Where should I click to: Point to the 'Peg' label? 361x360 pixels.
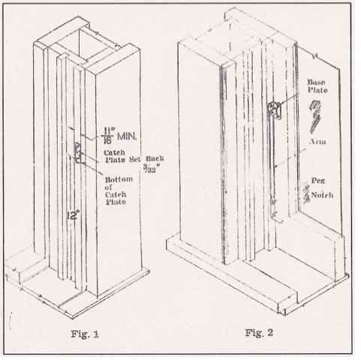coord(317,182)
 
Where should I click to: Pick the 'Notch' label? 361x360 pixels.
coord(321,195)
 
